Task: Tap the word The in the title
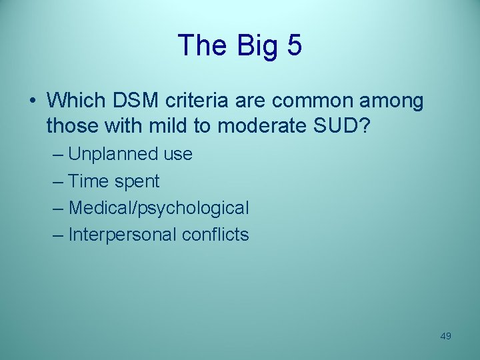(201, 45)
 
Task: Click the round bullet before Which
(33, 101)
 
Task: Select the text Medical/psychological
(159, 208)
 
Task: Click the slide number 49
(446, 336)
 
